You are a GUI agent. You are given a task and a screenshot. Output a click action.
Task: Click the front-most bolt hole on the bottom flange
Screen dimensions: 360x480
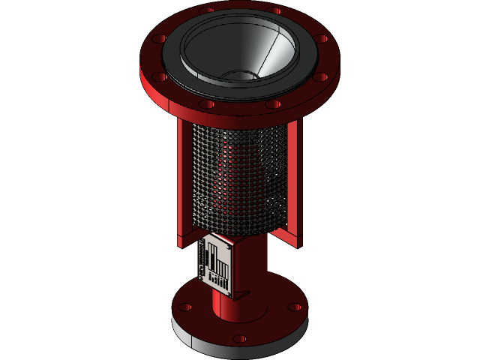tap(239, 339)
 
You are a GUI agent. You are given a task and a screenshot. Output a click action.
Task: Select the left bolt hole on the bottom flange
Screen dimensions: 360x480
tap(185, 307)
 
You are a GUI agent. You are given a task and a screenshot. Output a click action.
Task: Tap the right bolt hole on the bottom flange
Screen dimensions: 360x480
tap(295, 307)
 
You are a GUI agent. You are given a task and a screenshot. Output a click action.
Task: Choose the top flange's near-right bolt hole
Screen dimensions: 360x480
tap(321, 76)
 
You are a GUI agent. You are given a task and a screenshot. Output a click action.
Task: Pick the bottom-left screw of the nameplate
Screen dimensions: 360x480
tap(201, 275)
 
